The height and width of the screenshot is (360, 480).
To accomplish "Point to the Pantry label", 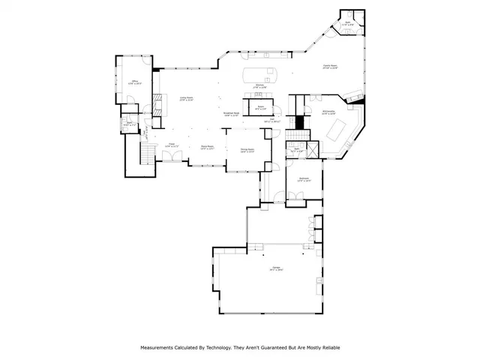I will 260,108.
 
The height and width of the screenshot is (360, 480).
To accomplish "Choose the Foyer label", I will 170,144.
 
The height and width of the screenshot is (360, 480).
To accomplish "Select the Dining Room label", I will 247,150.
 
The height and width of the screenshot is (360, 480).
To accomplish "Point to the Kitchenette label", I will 329,112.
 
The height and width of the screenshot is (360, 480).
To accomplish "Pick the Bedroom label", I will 304,179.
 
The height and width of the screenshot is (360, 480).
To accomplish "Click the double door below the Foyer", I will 173,157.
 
